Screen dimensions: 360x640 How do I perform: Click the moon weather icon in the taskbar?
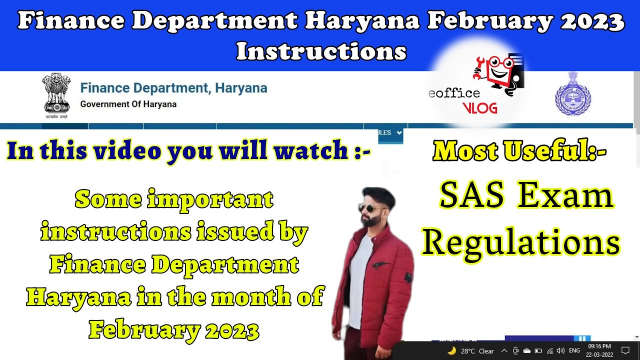click(451, 350)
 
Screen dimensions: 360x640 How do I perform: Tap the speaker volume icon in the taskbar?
click(560, 350)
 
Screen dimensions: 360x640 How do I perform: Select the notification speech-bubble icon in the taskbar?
click(624, 350)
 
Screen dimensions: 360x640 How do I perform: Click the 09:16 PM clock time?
click(599, 346)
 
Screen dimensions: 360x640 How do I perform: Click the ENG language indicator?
click(574, 350)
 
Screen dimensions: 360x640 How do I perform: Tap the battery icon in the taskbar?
click(538, 350)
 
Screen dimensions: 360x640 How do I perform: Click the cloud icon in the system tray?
click(527, 350)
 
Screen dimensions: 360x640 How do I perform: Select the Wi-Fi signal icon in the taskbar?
click(549, 350)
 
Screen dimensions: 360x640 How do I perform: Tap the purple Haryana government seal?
click(572, 94)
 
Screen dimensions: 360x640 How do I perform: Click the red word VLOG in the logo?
click(479, 108)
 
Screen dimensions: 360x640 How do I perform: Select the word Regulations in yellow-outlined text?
click(520, 242)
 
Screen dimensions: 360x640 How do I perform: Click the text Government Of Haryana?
click(128, 104)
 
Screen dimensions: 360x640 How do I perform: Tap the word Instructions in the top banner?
click(320, 51)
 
